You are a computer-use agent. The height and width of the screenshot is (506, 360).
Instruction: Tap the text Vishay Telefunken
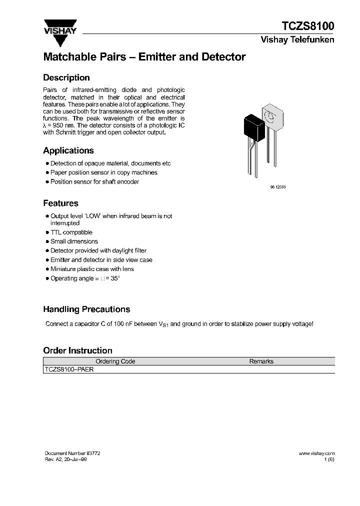pos(297,40)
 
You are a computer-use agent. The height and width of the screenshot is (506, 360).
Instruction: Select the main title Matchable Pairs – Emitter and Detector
pos(144,57)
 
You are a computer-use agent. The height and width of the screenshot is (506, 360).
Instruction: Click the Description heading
pos(66,78)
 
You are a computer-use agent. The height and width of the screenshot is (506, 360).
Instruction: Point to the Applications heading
pos(68,150)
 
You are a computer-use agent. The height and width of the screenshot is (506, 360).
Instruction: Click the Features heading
pos(60,203)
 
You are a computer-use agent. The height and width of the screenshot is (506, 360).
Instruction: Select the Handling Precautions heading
pos(86,309)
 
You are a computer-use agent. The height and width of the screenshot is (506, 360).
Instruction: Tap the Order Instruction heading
pos(77,350)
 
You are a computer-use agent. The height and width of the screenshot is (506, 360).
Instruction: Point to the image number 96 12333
pos(270,186)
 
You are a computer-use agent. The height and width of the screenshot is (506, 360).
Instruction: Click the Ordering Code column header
pos(115,361)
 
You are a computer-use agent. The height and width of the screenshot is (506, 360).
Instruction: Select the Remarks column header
pos(261,361)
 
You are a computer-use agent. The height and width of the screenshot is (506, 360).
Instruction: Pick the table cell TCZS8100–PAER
pos(69,369)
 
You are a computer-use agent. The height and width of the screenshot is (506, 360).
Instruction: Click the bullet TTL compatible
pos(71,232)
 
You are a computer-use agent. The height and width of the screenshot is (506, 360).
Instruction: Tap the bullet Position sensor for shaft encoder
pos(94,182)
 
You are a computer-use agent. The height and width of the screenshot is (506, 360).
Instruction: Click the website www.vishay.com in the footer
pos(316,453)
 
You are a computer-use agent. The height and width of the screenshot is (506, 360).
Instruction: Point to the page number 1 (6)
pos(329,459)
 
